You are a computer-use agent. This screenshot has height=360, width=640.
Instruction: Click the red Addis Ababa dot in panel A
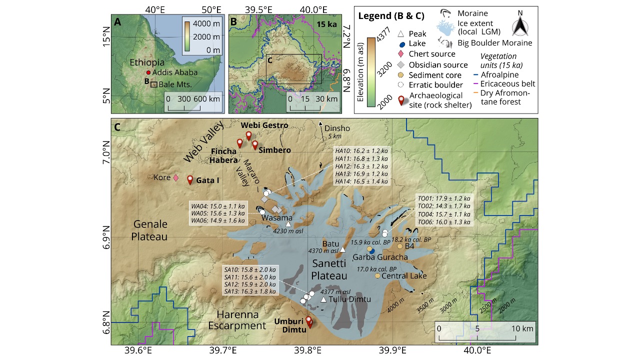click(x=148, y=72)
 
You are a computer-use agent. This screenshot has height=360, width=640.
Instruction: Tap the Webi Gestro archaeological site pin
click(x=248, y=134)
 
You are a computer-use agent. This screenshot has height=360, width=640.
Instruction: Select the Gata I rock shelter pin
click(x=190, y=179)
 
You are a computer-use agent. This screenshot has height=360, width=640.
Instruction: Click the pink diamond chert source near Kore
click(x=175, y=177)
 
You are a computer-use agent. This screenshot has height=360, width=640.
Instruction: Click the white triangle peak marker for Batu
click(x=343, y=249)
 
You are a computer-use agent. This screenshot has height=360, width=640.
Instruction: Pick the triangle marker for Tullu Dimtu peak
click(x=323, y=299)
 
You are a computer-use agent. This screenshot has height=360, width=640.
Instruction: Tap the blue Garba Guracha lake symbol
click(x=372, y=251)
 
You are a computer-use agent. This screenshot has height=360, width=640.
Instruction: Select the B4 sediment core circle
click(x=400, y=246)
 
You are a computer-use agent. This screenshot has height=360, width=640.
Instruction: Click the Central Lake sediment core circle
click(x=378, y=276)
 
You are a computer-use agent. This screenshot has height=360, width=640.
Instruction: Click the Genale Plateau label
click(x=150, y=230)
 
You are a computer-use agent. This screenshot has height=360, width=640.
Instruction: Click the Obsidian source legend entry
click(x=438, y=64)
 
